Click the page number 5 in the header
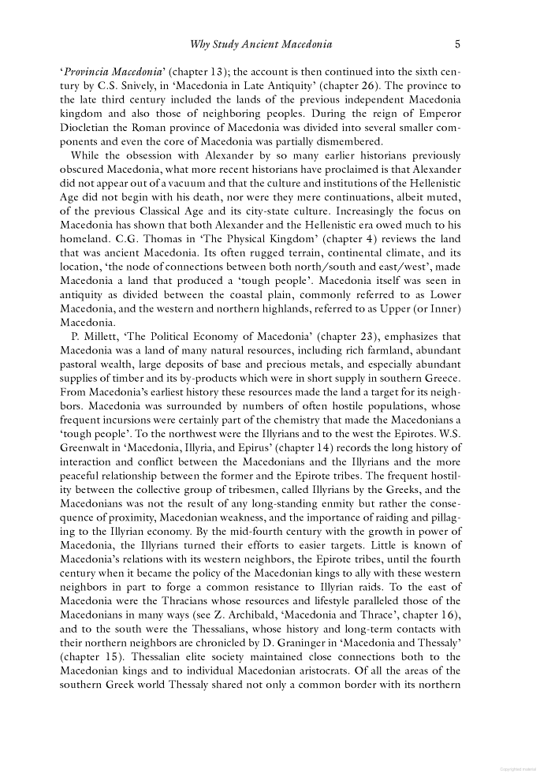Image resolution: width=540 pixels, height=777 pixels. [x=458, y=44]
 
